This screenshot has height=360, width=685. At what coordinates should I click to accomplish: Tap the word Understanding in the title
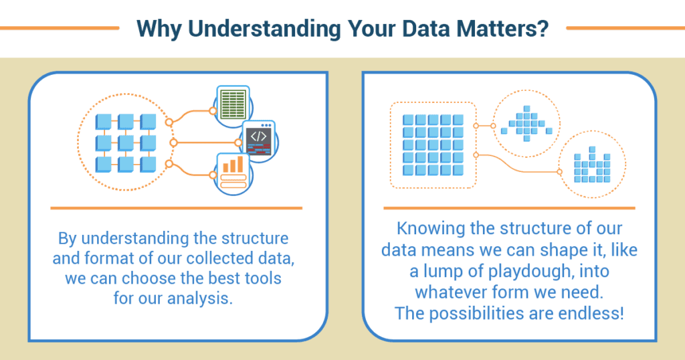(264, 29)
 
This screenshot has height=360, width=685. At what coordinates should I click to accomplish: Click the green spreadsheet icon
(233, 104)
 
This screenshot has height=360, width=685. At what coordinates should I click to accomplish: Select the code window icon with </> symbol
(259, 140)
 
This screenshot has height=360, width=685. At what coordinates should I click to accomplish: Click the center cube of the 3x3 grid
(126, 143)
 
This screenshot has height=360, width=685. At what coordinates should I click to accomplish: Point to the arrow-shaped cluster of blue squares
(526, 123)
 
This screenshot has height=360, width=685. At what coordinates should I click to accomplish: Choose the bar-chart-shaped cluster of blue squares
(592, 165)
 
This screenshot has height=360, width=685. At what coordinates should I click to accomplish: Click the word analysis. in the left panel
(199, 299)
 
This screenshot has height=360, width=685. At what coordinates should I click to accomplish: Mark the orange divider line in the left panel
(176, 208)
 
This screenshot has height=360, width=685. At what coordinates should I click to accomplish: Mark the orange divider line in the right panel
(509, 208)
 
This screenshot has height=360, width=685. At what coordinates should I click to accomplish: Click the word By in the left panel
(68, 239)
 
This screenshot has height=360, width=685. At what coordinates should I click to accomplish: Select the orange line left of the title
(60, 28)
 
